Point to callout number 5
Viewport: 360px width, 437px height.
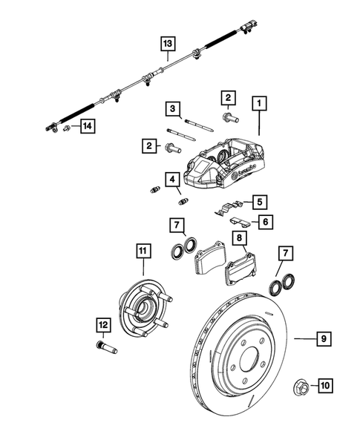(259, 200)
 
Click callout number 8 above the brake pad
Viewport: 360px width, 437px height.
(240, 238)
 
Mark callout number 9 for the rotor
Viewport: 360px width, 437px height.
(324, 339)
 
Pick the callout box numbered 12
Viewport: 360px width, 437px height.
(102, 323)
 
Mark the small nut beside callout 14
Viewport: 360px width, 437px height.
(67, 130)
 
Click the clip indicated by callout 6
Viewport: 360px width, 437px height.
(235, 220)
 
